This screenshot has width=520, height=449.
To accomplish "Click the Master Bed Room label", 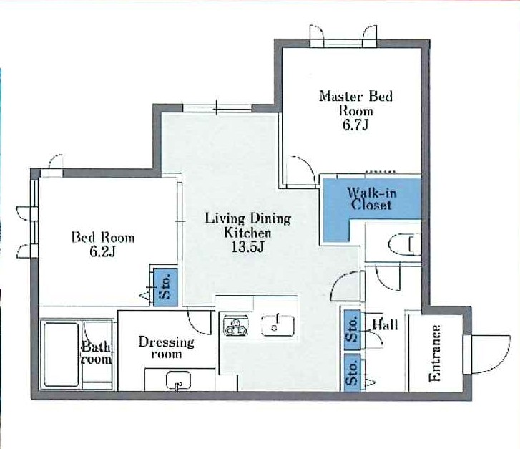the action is pyautogui.click(x=355, y=102).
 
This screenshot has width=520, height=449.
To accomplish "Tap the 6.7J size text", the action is pyautogui.click(x=355, y=125).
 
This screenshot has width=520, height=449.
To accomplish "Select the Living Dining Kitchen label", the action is pyautogui.click(x=248, y=226).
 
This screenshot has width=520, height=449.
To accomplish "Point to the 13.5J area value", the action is pyautogui.click(x=247, y=247).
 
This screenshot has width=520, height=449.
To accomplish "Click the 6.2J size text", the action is pyautogui.click(x=102, y=252).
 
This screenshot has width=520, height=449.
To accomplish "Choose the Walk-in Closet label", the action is pyautogui.click(x=371, y=198).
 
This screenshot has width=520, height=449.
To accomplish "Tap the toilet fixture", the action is pyautogui.click(x=405, y=245).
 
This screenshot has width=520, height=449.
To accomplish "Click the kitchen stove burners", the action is pyautogui.click(x=235, y=326).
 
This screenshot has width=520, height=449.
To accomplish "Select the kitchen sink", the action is pyautogui.click(x=278, y=325).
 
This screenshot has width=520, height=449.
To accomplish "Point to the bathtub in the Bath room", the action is pyautogui.click(x=61, y=354).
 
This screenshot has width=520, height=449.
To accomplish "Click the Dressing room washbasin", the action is pyautogui.click(x=178, y=380).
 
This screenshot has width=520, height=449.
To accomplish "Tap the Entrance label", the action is pyautogui.click(x=435, y=353).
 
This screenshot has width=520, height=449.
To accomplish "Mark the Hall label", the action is pyautogui.click(x=385, y=324).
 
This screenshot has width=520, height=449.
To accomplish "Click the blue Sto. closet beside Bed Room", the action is pyautogui.click(x=165, y=287).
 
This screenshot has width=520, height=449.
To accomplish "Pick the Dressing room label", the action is pyautogui.click(x=167, y=348).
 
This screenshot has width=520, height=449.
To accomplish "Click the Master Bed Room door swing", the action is pyautogui.click(x=300, y=170).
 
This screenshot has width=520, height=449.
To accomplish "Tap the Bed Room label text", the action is pyautogui.click(x=104, y=238).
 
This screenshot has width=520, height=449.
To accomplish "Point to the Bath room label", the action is pyautogui.click(x=96, y=353).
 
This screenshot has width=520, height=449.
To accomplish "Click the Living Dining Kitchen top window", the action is pyautogui.click(x=217, y=107).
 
